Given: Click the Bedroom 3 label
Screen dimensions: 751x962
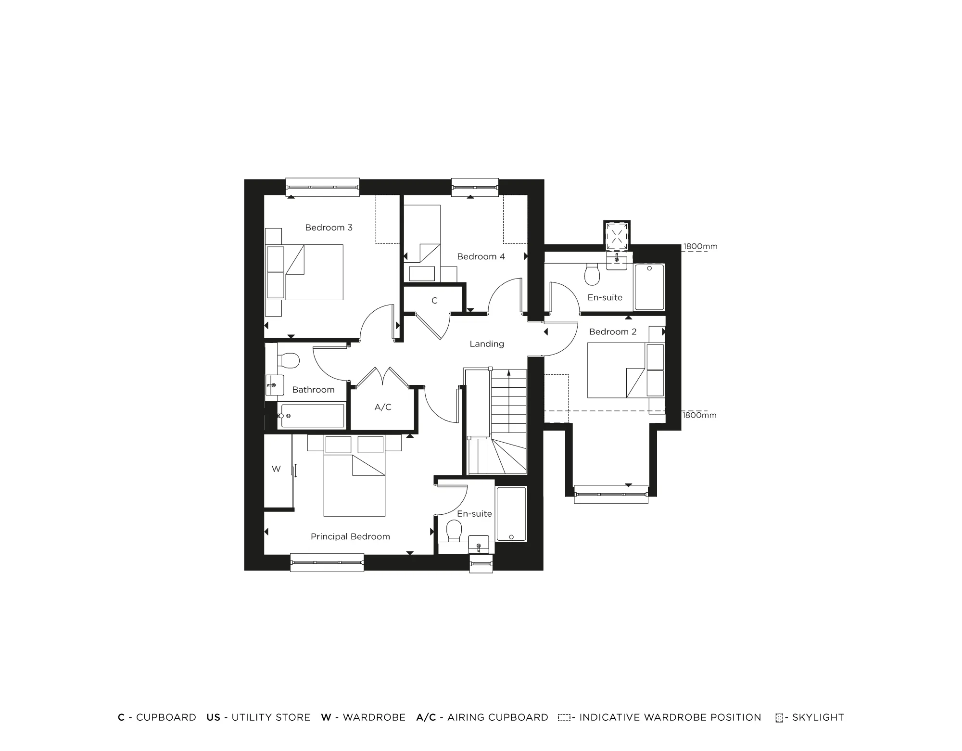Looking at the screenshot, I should [x=329, y=228].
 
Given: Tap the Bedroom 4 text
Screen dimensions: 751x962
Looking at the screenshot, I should [x=481, y=256].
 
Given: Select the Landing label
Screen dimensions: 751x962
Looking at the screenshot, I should [x=487, y=344].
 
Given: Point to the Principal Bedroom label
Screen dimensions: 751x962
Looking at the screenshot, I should [x=350, y=536].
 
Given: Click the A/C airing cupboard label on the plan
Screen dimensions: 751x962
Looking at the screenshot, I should [x=383, y=407].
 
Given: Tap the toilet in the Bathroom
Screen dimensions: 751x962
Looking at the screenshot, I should [x=290, y=359].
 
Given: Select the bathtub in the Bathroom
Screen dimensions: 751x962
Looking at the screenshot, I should [x=313, y=416].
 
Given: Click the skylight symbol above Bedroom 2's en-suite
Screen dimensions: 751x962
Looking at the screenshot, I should [x=617, y=235].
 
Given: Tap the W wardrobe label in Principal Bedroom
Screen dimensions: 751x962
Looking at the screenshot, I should [x=276, y=469].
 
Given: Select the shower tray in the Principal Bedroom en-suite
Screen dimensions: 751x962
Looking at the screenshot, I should [x=511, y=514].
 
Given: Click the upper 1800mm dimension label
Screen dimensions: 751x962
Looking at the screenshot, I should [x=700, y=246].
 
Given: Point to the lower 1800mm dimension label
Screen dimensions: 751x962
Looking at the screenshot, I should [x=699, y=415].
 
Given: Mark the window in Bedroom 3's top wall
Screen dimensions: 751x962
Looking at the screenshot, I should [x=323, y=187].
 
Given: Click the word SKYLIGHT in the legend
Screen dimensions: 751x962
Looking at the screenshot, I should [x=818, y=717].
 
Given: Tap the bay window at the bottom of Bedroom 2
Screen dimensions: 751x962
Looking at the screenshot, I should [x=611, y=494].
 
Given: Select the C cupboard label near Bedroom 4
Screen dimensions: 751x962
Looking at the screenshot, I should [x=434, y=301].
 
